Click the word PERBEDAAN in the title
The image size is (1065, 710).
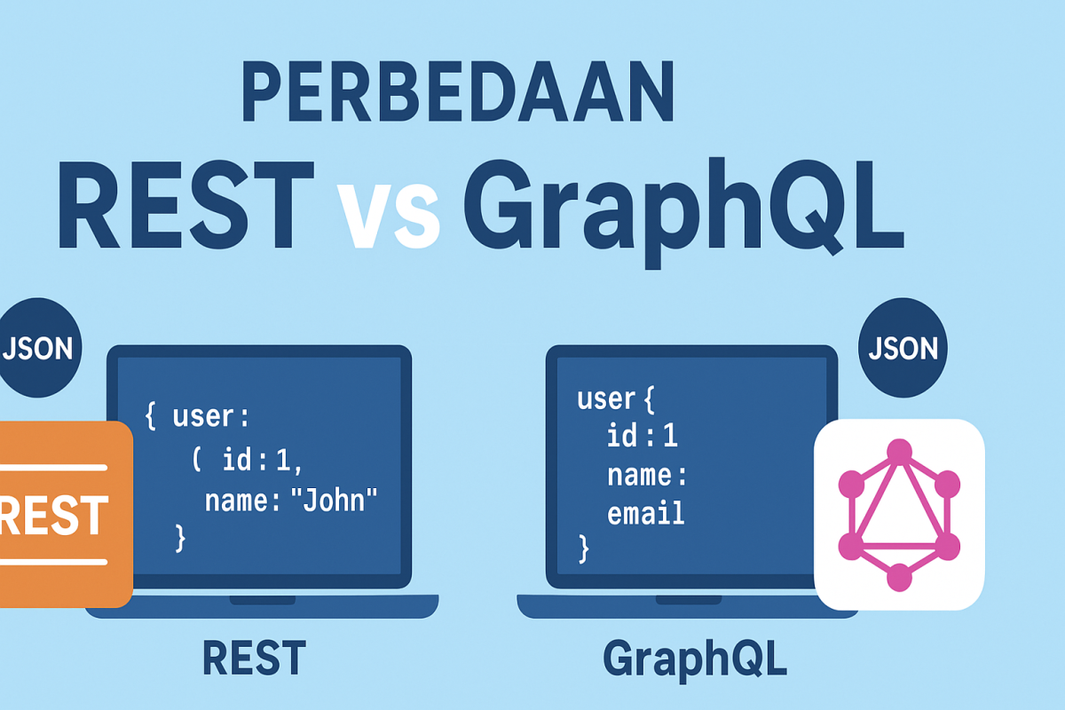click(458, 91)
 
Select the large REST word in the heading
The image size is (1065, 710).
click(186, 205)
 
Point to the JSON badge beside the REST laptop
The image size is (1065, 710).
click(38, 348)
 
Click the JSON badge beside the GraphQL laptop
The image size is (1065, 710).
click(903, 348)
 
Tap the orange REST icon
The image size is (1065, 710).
click(64, 514)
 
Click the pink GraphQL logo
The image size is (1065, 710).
click(899, 515)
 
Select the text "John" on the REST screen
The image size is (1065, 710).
click(334, 500)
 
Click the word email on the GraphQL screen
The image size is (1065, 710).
click(646, 513)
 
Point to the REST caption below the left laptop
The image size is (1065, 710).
click(255, 658)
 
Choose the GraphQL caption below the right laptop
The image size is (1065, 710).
click(695, 660)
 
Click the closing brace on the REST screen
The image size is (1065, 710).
click(180, 539)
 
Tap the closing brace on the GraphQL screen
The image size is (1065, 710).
click(584, 549)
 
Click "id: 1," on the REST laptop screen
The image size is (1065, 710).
click(262, 461)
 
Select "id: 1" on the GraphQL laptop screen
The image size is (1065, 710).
click(643, 435)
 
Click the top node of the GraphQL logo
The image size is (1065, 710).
click(899, 451)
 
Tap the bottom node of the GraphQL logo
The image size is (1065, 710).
click(899, 578)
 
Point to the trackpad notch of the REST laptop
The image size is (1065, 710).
click(263, 600)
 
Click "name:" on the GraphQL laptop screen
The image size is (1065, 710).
click(647, 475)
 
